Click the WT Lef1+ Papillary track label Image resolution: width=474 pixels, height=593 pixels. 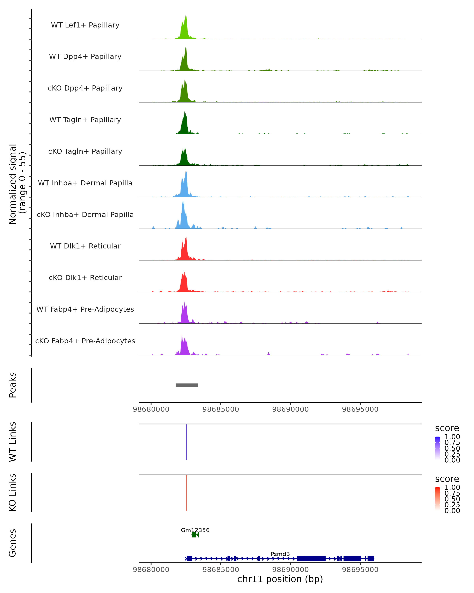point(85,25)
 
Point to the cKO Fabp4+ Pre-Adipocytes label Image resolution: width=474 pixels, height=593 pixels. point(85,341)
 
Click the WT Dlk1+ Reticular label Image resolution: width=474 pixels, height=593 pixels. point(85,246)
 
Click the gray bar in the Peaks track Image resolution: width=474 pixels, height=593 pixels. point(187,385)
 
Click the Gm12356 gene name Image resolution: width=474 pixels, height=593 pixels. point(195,530)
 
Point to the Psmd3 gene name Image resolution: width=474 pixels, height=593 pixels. point(280,554)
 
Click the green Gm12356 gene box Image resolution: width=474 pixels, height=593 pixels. point(194,535)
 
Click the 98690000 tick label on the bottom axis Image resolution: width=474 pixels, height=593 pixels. point(291,570)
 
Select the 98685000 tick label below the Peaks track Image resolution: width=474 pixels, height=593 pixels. point(221,409)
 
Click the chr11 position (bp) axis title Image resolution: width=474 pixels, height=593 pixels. point(280,579)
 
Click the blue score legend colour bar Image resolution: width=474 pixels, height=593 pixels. point(437,448)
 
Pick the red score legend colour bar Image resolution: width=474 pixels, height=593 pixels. point(437,498)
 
